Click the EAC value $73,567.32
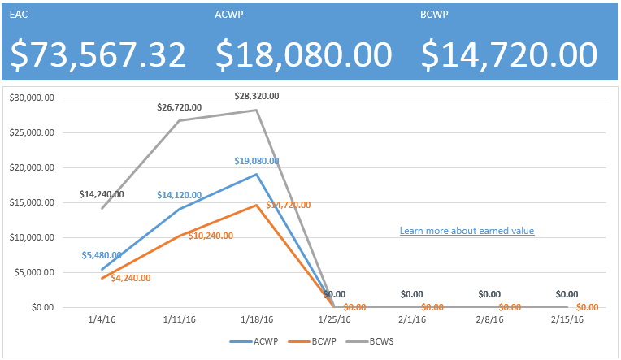tap(98, 54)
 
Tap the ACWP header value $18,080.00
tap(304, 54)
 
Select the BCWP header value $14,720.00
tap(509, 54)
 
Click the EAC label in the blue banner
tap(19, 15)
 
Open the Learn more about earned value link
tap(467, 231)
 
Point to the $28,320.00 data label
tap(256, 96)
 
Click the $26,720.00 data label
tap(180, 107)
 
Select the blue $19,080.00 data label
tap(256, 161)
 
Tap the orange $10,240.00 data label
tap(211, 236)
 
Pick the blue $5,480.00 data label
tap(103, 255)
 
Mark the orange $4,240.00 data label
tap(134, 277)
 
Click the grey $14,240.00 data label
tap(102, 194)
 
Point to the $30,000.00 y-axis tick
tap(32, 98)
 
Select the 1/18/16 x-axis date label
tap(257, 320)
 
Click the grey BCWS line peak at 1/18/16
tap(257, 110)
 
